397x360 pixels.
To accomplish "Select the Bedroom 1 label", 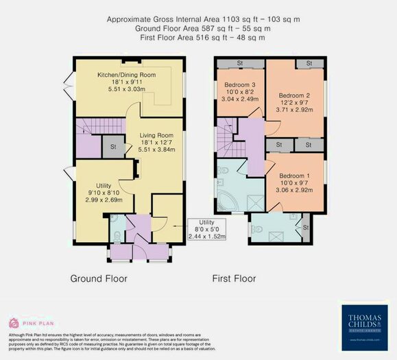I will pyautogui.click(x=295, y=176).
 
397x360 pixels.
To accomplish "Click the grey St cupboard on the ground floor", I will pyautogui.click(x=111, y=146).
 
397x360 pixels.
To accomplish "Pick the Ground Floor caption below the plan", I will pyautogui.click(x=99, y=279).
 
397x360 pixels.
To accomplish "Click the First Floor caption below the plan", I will pyautogui.click(x=234, y=279).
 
